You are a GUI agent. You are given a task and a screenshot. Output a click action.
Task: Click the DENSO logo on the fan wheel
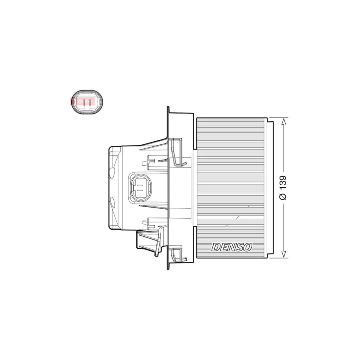232,247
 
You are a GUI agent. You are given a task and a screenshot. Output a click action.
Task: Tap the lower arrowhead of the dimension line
284,254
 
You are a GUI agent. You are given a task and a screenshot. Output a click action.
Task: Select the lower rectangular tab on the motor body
150,221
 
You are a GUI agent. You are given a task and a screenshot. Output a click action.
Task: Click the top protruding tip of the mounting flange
168,109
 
